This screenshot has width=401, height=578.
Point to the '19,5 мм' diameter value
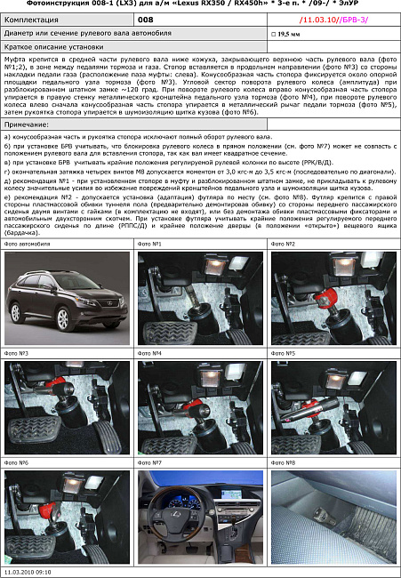tap(288, 33)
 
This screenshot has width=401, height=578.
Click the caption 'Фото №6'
tap(17, 463)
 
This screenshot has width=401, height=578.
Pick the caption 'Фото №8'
tap(284, 463)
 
